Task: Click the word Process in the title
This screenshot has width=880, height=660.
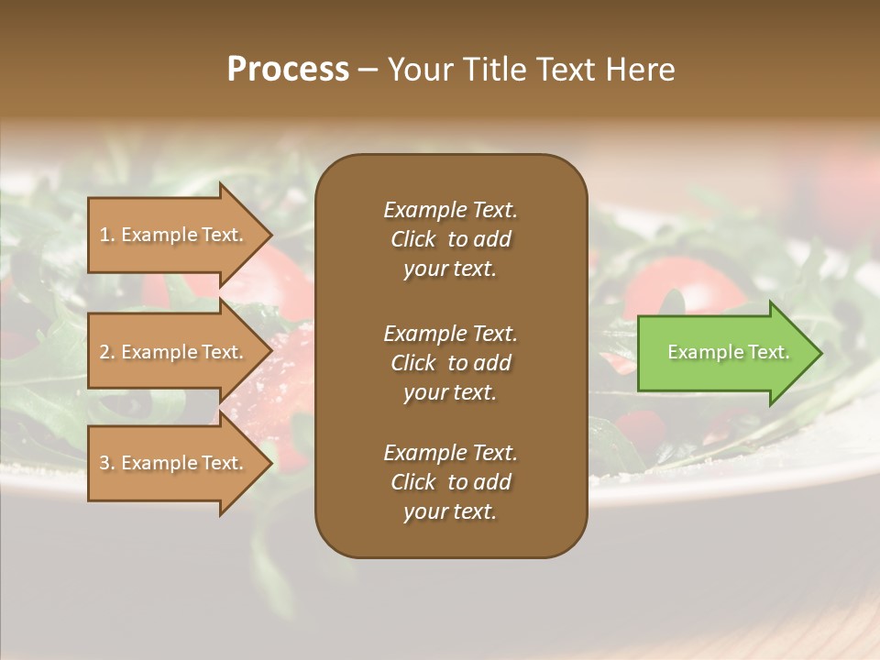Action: (288, 70)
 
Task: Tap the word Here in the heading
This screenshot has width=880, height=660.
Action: (639, 70)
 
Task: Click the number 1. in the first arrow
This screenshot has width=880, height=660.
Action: (107, 235)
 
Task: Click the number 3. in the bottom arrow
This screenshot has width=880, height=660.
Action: (107, 463)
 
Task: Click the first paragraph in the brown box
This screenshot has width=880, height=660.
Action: (450, 239)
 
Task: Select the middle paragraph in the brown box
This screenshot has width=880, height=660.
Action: (450, 363)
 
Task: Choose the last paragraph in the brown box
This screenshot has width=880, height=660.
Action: (450, 482)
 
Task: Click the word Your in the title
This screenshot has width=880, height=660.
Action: (418, 70)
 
